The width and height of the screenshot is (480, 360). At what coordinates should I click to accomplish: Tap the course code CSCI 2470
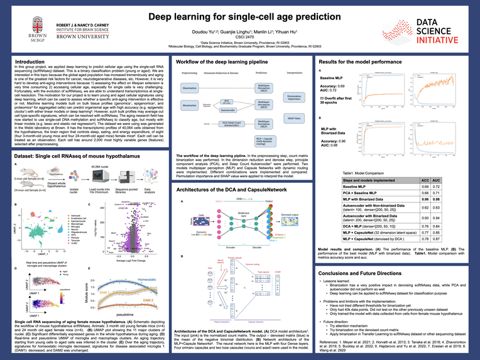240,37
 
